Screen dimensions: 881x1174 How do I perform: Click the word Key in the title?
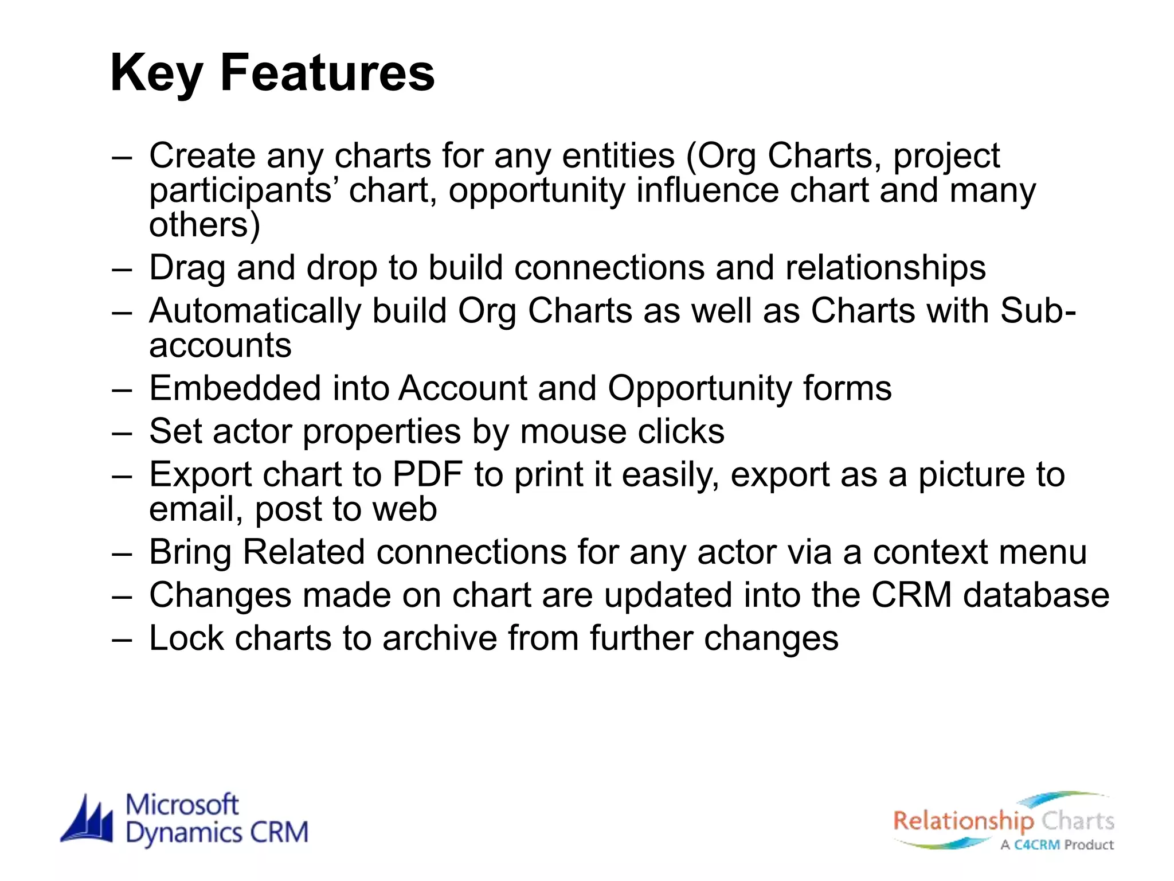pyautogui.click(x=156, y=73)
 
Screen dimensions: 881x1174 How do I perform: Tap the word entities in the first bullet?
pyautogui.click(x=618, y=155)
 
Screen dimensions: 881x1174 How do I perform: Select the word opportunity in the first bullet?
pyautogui.click(x=537, y=191)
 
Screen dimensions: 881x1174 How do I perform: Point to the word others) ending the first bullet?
pyautogui.click(x=205, y=224)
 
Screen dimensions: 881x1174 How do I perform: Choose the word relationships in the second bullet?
pyautogui.click(x=885, y=268)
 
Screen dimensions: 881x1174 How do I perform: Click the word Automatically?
pyautogui.click(x=255, y=311)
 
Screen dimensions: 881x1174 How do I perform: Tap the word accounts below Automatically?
pyautogui.click(x=220, y=345)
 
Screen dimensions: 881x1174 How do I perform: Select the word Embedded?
pyautogui.click(x=235, y=388)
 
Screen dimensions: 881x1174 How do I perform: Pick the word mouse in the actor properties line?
pyautogui.click(x=574, y=431)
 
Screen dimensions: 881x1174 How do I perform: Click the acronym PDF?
pyautogui.click(x=427, y=474)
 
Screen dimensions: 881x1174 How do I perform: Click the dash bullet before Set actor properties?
pyautogui.click(x=122, y=432)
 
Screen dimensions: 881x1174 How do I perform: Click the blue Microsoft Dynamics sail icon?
pyautogui.click(x=88, y=820)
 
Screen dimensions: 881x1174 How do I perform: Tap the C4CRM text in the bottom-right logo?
pyautogui.click(x=1037, y=845)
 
